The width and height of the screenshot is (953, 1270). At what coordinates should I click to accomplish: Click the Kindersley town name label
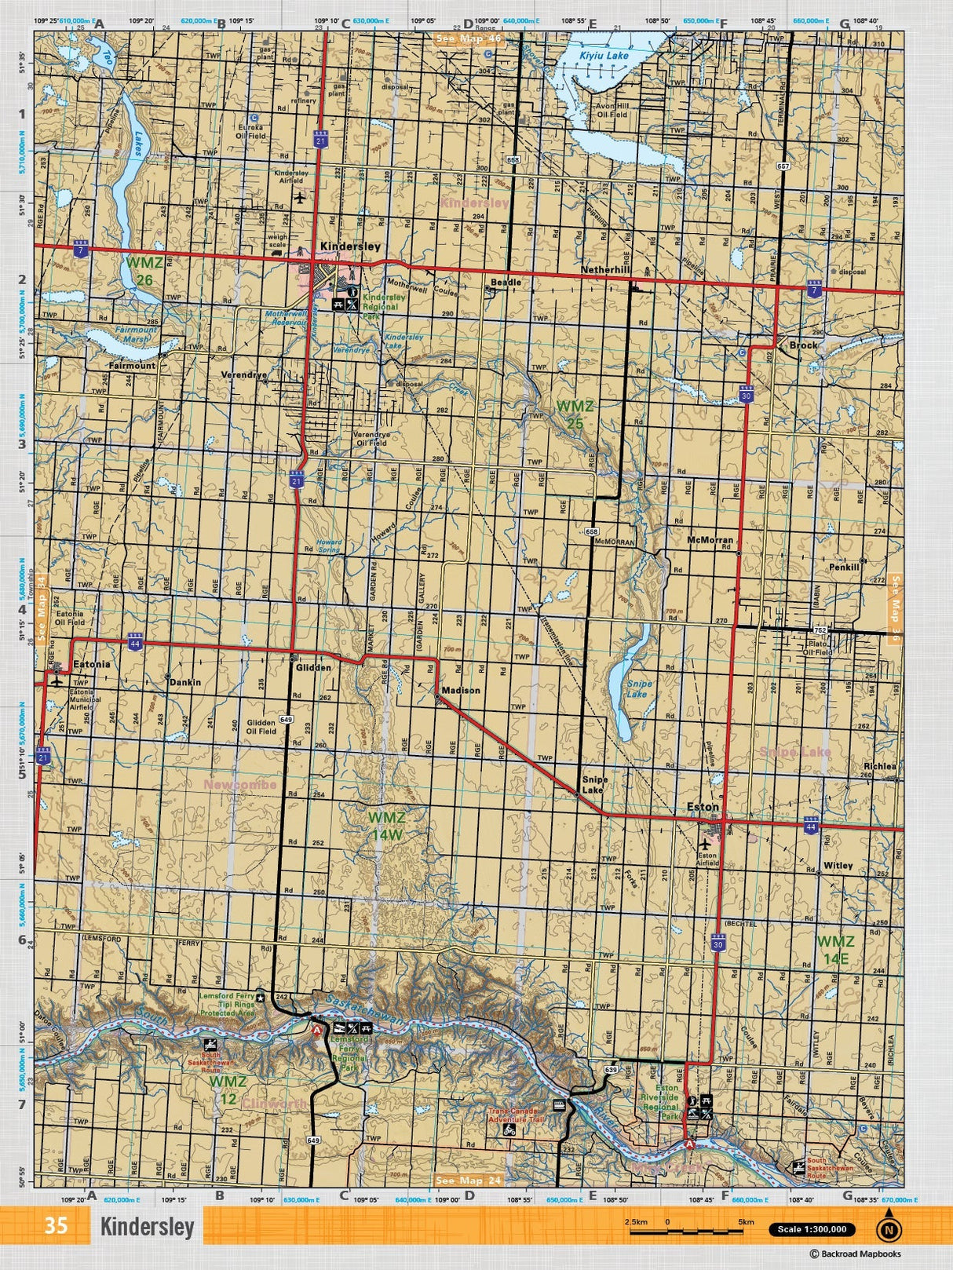(x=350, y=246)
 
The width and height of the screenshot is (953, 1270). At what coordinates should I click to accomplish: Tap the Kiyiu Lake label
(x=604, y=56)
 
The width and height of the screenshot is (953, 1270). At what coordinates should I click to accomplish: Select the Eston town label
(x=703, y=807)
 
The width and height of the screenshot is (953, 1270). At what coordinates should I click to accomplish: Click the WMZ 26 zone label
(x=144, y=271)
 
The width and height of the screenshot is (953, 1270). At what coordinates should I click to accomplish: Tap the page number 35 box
(x=56, y=1225)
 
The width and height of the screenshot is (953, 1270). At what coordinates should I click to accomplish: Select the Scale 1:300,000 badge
(x=812, y=1230)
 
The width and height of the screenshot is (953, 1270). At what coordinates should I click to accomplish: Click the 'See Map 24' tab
(x=468, y=1181)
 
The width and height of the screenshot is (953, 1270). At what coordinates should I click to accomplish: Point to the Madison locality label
(x=461, y=691)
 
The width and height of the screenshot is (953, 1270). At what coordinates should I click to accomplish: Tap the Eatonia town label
(x=91, y=664)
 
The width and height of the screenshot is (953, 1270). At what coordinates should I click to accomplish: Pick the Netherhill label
(x=605, y=270)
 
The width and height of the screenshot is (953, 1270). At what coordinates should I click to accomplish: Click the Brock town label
(x=803, y=345)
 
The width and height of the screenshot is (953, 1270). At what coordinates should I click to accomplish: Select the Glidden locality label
(x=313, y=668)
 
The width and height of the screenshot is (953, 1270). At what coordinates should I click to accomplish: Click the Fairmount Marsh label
(x=136, y=334)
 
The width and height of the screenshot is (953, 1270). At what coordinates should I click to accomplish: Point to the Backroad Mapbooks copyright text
(x=856, y=1254)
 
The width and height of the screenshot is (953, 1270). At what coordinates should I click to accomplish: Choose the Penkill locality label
(x=844, y=567)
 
